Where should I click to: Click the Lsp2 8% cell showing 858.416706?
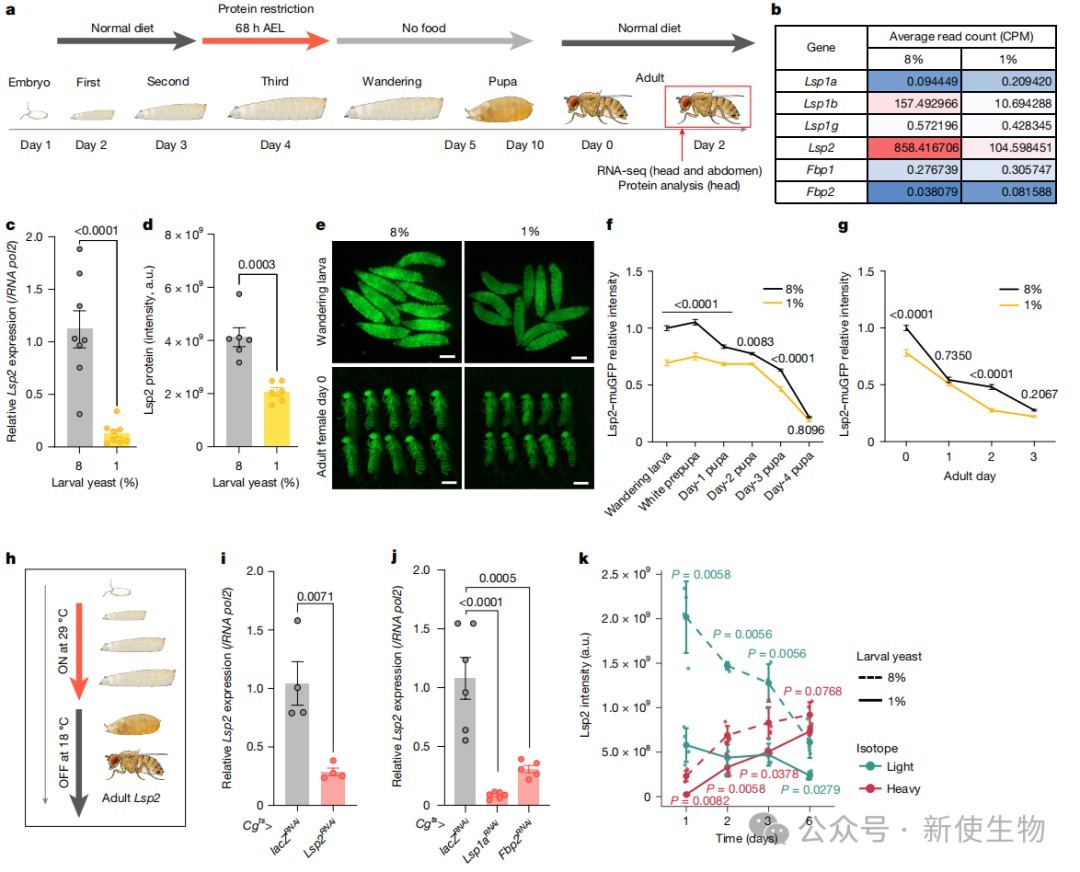pyautogui.click(x=914, y=148)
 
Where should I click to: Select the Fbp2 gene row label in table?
pyautogui.click(x=820, y=191)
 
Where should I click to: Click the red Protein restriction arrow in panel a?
pyautogui.click(x=265, y=40)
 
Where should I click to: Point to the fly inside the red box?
pyautogui.click(x=707, y=107)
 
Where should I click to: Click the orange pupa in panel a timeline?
pyautogui.click(x=499, y=108)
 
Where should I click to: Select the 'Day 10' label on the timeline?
pyautogui.click(x=525, y=145)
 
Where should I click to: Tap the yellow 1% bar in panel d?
pyautogui.click(x=276, y=419)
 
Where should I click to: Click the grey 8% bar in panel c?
pyautogui.click(x=80, y=387)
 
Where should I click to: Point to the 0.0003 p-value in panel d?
pyautogui.click(x=256, y=264)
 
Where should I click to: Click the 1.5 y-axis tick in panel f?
pyautogui.click(x=634, y=272)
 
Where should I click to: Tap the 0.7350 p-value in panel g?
pyautogui.click(x=953, y=355)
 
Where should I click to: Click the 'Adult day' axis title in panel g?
pyautogui.click(x=969, y=476)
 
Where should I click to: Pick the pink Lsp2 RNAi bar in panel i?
pyautogui.click(x=333, y=789)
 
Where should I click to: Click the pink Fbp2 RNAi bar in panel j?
pyautogui.click(x=529, y=787)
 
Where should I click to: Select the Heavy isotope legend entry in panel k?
pyautogui.click(x=890, y=789)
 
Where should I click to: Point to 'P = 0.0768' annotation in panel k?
pyautogui.click(x=813, y=691)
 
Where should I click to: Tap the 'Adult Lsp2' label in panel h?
pyautogui.click(x=131, y=798)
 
